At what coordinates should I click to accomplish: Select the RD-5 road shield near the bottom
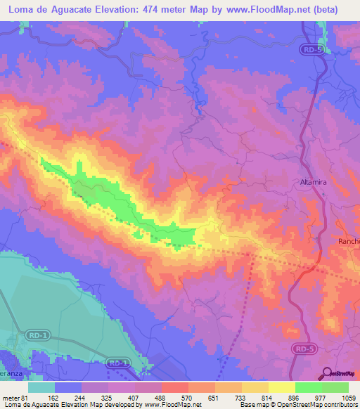click(x=302, y=349)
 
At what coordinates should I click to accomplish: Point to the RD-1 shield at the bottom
click(x=117, y=363)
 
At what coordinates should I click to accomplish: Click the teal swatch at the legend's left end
click(x=41, y=387)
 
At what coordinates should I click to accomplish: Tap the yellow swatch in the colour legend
click(x=281, y=387)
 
